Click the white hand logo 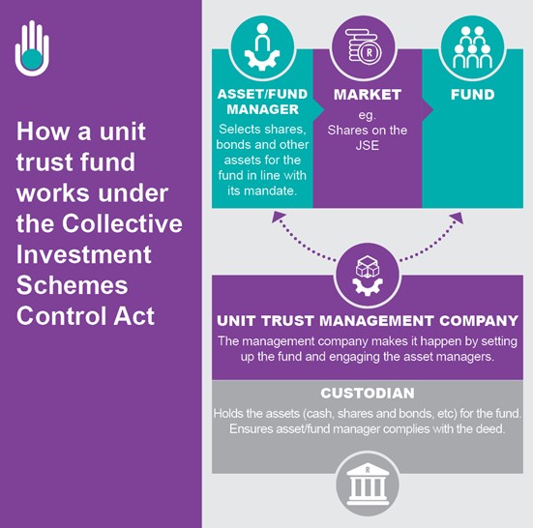tap(32, 48)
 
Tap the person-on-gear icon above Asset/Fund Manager tap(262, 46)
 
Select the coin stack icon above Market tap(364, 45)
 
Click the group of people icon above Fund tap(472, 47)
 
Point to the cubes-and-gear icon tap(368, 276)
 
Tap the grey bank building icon tap(368, 484)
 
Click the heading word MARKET tap(368, 95)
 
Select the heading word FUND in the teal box tap(472, 95)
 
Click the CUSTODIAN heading tap(368, 394)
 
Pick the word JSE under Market tap(368, 145)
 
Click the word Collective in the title tap(122, 223)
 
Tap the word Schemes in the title tap(72, 284)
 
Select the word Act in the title tap(133, 315)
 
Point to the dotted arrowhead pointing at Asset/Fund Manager tap(278, 217)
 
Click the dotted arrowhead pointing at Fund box tap(457, 218)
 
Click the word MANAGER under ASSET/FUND tap(263, 109)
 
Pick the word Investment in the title tap(83, 254)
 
